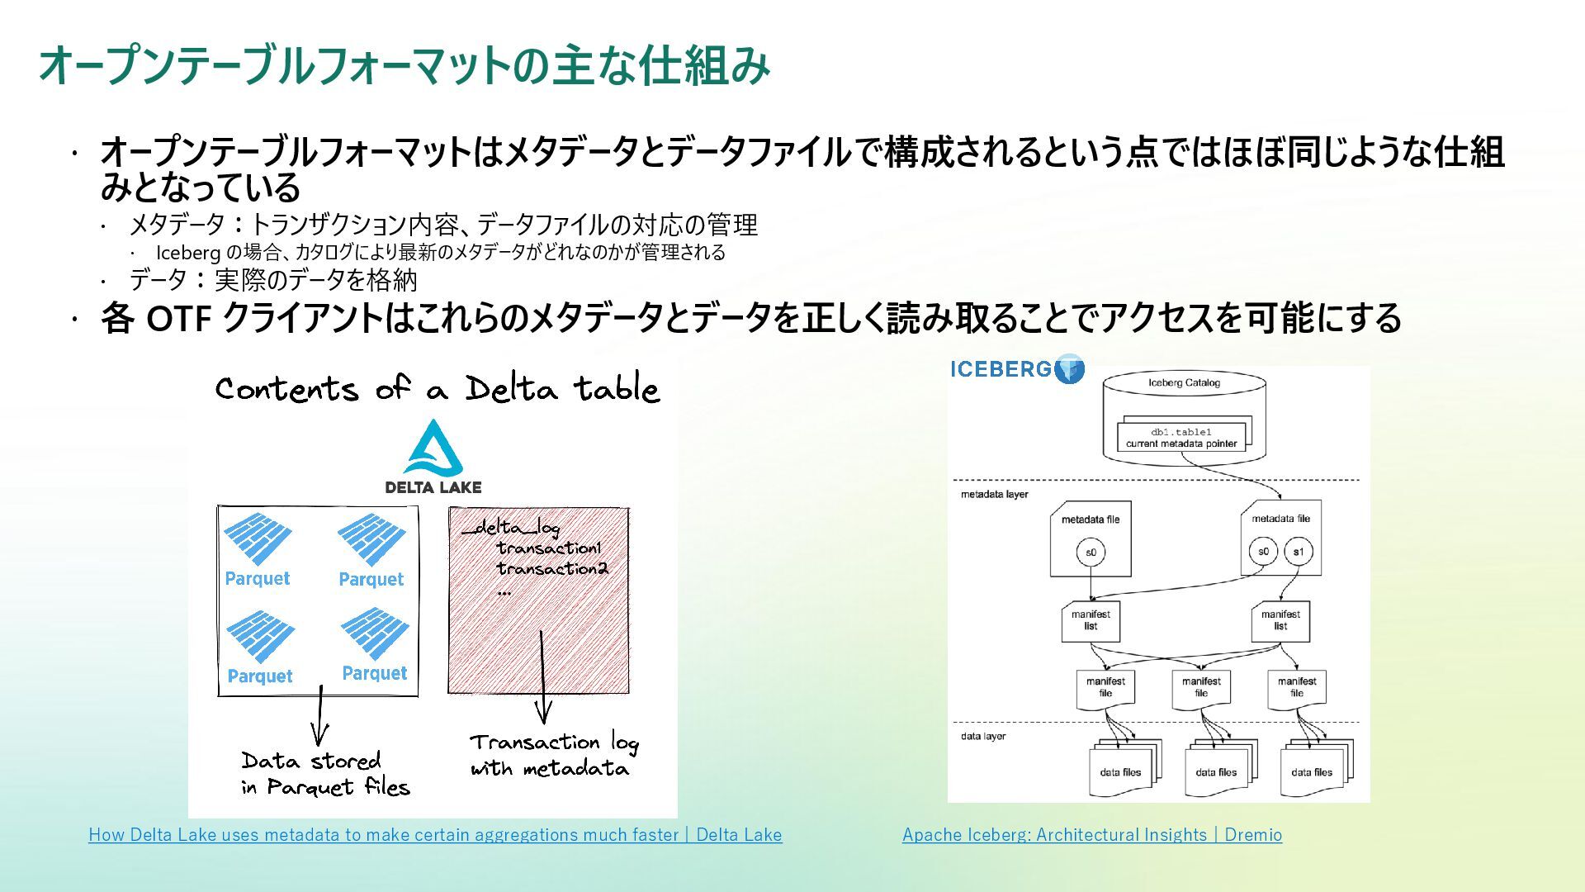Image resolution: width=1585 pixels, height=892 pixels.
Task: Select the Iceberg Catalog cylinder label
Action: point(1184,382)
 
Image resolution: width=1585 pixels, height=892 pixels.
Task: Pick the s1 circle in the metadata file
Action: point(1299,552)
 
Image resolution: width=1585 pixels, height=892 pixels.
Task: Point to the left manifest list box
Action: point(1091,620)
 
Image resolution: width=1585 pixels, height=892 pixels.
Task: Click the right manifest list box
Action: point(1280,620)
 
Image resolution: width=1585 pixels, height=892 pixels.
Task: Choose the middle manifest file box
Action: point(1201,688)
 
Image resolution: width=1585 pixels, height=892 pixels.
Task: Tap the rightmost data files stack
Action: point(1314,771)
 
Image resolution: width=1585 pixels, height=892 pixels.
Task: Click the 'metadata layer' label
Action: point(994,495)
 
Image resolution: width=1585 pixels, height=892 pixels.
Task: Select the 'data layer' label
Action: point(983,736)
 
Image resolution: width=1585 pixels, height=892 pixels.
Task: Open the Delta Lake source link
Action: point(435,835)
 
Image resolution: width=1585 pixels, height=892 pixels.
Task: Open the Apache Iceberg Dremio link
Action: point(1091,835)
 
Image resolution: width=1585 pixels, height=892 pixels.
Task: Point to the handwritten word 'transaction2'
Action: point(552,568)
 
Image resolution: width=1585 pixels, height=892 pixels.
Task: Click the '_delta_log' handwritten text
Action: point(512,528)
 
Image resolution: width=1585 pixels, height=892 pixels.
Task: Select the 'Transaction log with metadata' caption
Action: point(553,755)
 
